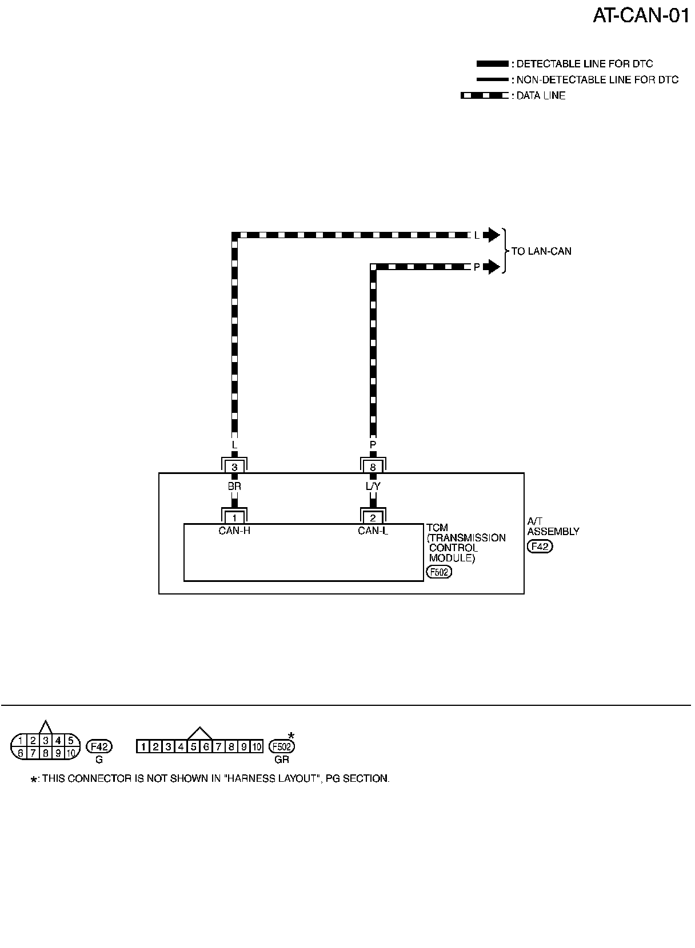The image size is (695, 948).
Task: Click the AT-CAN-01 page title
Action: coord(641,15)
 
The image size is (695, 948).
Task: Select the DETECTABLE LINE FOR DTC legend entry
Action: coord(584,64)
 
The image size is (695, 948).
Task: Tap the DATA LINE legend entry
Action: coord(540,96)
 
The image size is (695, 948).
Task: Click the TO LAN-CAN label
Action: coord(541,251)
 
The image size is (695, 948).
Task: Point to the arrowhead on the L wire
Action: coord(491,235)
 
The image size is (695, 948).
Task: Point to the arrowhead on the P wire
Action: coord(491,267)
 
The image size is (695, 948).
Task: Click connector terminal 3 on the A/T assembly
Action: coord(234,467)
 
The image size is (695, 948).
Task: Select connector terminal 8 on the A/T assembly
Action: coord(373,467)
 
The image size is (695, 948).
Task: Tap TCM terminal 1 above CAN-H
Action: coord(234,518)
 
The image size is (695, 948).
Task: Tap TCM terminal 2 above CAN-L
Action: coord(373,518)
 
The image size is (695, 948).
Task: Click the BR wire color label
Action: coord(234,487)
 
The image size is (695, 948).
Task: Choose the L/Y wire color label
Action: coord(373,487)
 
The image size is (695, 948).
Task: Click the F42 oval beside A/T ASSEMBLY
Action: coord(540,547)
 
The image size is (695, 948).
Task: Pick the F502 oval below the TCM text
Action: coord(439,572)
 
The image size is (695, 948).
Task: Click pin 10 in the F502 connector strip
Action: coord(257,746)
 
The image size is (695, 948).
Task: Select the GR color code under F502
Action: coord(282,760)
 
